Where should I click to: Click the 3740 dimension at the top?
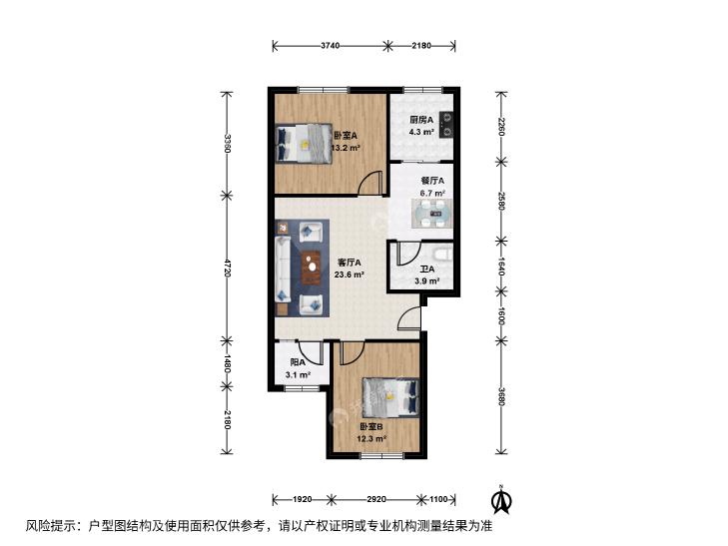331,46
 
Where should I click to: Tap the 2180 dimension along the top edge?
421,46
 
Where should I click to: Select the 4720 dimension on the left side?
227,269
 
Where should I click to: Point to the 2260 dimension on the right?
500,127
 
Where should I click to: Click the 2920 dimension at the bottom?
376,500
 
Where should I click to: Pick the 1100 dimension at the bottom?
438,500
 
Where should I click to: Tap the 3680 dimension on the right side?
500,396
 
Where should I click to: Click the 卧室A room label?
346,136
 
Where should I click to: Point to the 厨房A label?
421,120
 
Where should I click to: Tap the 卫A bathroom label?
427,270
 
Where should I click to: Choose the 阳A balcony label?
298,362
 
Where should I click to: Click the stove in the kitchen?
446,125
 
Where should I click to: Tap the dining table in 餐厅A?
431,214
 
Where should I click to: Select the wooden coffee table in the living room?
312,268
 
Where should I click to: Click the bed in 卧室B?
390,396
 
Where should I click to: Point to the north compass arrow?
501,499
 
